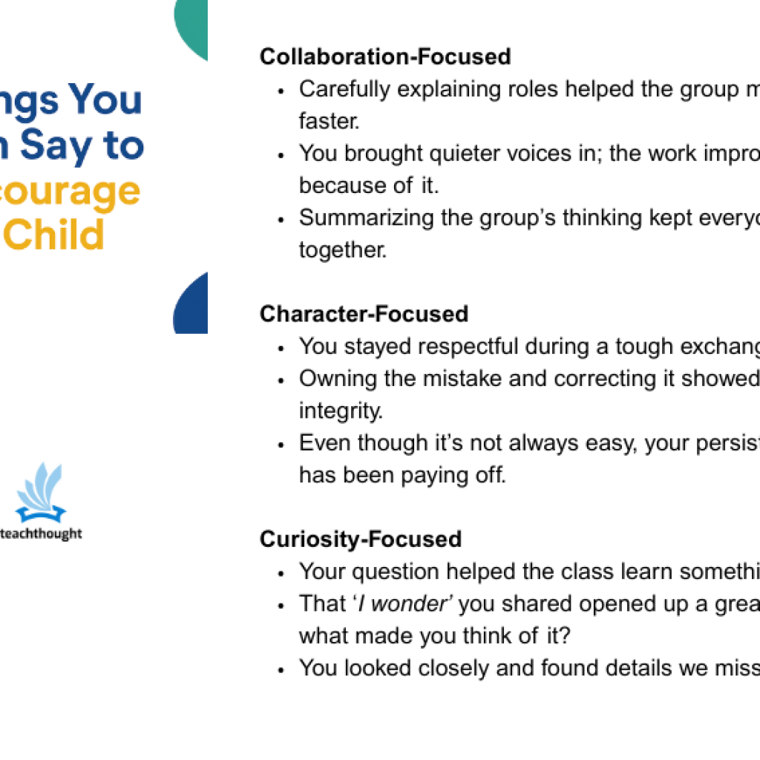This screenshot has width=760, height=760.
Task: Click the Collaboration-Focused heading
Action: tap(385, 56)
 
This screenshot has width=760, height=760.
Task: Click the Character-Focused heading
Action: tap(364, 314)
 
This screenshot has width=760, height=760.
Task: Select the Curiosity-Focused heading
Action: tap(360, 539)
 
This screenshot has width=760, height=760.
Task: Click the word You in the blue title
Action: tap(105, 99)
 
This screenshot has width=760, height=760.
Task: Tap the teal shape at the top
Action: tap(192, 26)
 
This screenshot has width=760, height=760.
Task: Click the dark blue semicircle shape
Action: tap(192, 306)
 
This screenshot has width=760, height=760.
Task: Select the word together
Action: tap(343, 250)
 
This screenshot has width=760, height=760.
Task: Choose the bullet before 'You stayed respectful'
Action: tap(281, 348)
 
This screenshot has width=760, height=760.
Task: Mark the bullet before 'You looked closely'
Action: tap(281, 669)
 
